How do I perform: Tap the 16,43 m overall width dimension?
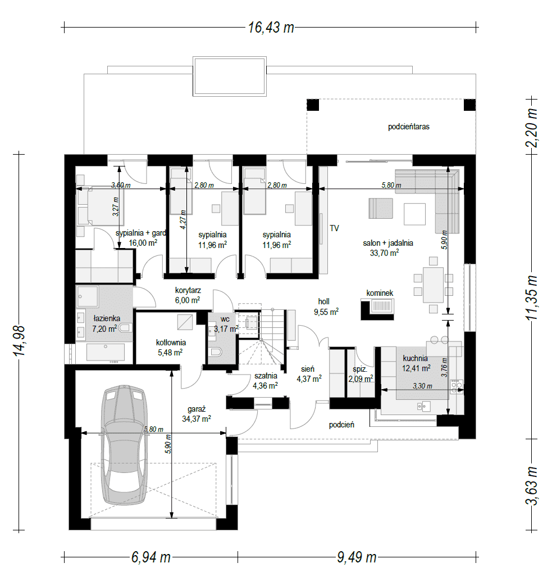[x=271, y=28]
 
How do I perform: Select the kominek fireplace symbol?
[x=377, y=309]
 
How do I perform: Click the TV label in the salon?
[x=334, y=228]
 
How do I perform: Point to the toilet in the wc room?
[x=215, y=352]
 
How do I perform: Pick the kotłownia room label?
[x=171, y=343]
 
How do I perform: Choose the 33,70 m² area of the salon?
[x=384, y=253]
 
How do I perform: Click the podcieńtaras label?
[x=408, y=127]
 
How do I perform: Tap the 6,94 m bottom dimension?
[x=151, y=557]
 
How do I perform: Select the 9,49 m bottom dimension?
[x=357, y=557]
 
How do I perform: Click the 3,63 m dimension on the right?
[x=532, y=486]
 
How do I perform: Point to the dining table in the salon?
[x=434, y=285]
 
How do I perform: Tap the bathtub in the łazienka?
[x=106, y=352]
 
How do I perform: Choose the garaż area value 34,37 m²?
[x=197, y=418]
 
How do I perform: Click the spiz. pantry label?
[x=359, y=369]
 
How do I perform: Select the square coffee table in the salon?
[x=414, y=214]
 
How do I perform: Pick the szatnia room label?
[x=266, y=376]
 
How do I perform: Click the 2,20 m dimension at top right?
[x=532, y=128]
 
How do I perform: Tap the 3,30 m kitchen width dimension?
[x=422, y=386]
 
